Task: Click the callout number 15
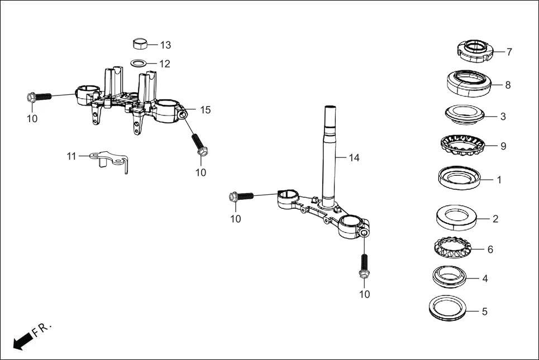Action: (205, 110)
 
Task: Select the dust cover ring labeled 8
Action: (469, 83)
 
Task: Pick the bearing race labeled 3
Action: (464, 116)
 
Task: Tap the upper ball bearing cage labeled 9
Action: (464, 146)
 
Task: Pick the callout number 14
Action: (354, 158)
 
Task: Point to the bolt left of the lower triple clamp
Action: (241, 196)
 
